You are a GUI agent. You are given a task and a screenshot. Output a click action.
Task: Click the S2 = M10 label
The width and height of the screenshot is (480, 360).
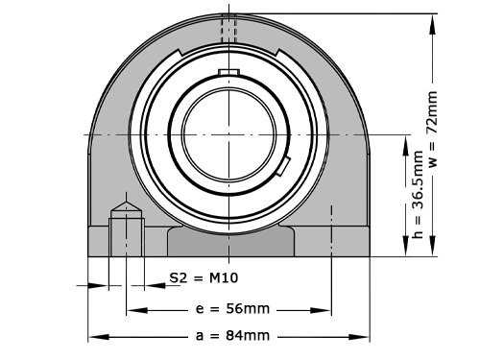click(203, 278)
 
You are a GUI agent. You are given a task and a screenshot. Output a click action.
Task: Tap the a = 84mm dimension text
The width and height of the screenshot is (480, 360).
click(230, 336)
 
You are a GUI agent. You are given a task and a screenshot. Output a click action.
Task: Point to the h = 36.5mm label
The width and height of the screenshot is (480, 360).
click(417, 192)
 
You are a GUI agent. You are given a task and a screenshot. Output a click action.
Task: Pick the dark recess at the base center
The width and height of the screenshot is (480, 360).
click(229, 241)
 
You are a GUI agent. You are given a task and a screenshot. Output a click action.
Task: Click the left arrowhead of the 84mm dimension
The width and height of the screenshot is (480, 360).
click(93, 336)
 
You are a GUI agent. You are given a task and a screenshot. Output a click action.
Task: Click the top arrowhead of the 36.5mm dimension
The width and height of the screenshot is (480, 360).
click(417, 138)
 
